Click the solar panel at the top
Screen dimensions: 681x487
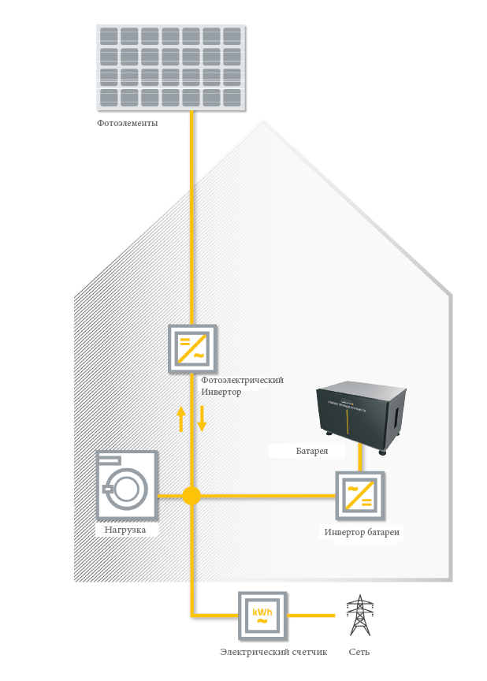[x=171, y=68]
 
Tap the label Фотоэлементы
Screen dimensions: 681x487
[x=128, y=124]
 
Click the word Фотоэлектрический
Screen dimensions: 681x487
[x=242, y=380]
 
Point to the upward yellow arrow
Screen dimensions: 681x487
[x=181, y=419]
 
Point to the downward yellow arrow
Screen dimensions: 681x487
[x=202, y=419]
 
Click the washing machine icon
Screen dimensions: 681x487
[x=126, y=486]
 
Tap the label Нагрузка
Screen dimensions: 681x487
[x=125, y=530]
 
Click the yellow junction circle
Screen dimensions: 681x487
[x=191, y=495]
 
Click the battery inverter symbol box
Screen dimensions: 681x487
[x=360, y=495]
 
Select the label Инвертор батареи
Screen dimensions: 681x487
[x=362, y=533]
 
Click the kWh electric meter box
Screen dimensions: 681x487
[x=262, y=615]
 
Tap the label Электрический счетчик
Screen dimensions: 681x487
[x=262, y=652]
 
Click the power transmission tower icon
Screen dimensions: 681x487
[x=359, y=616]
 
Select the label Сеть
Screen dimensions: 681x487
[x=359, y=652]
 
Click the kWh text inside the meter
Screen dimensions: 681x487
[x=262, y=610]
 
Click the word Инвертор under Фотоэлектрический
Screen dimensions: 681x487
[x=221, y=392]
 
